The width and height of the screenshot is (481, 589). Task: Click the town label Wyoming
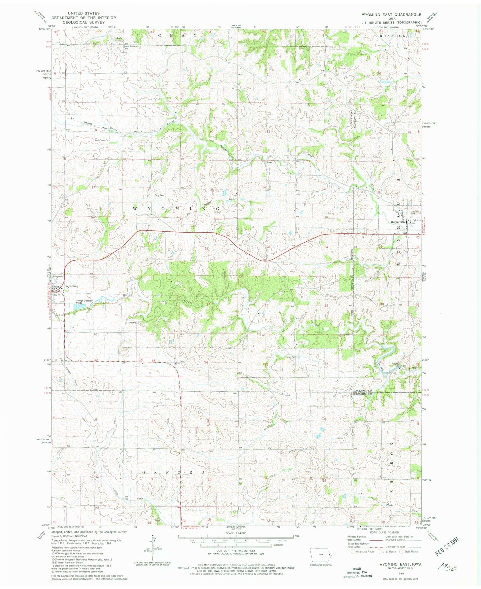(x=72, y=286)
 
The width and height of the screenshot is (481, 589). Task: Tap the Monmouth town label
(x=397, y=222)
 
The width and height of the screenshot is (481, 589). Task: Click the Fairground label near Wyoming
(x=58, y=277)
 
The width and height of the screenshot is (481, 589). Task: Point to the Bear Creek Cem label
(x=102, y=140)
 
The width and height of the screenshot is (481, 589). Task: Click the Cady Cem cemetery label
(x=159, y=195)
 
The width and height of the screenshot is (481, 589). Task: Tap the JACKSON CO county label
(x=362, y=390)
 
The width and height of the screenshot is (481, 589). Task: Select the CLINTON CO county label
(x=362, y=394)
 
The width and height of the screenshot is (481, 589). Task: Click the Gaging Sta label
(x=396, y=364)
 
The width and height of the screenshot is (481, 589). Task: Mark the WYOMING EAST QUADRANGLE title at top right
(x=391, y=15)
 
